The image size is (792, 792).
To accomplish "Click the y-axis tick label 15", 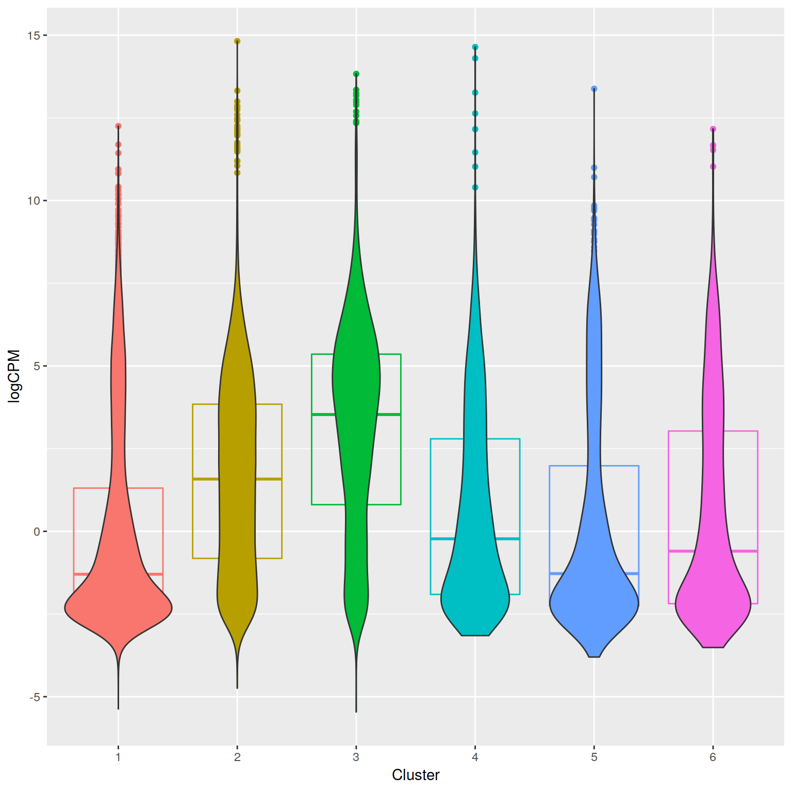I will click(34, 36).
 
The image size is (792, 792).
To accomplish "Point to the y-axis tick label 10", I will click(34, 201).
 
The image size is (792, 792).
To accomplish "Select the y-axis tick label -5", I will click(34, 697).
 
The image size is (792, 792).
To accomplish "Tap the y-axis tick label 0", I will click(36, 532).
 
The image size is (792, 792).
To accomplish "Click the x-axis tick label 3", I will click(356, 757).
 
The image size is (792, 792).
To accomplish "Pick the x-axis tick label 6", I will click(713, 757).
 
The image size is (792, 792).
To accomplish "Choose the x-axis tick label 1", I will click(118, 757).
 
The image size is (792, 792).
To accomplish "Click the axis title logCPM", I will click(14, 376).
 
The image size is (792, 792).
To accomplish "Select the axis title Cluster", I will click(416, 775).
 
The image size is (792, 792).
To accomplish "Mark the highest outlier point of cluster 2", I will click(237, 41).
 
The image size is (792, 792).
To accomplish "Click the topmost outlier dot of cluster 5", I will click(594, 89).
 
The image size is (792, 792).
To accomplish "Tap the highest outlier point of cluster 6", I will click(713, 129).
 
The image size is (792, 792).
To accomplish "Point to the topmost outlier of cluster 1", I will click(118, 126).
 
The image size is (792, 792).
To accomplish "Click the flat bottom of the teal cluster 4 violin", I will click(475, 635).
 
